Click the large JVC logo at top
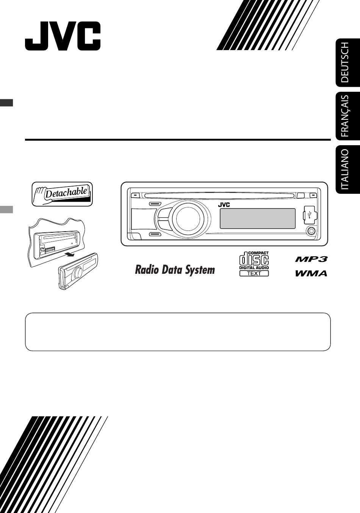click(x=63, y=36)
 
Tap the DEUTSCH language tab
click(x=348, y=63)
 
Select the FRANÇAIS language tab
click(x=348, y=116)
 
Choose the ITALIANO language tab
click(x=348, y=169)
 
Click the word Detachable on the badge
click(x=66, y=193)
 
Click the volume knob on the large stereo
click(x=188, y=218)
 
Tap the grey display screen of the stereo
click(x=257, y=218)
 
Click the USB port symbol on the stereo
click(x=310, y=215)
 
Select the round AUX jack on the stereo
click(x=311, y=231)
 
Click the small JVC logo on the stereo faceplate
click(x=224, y=205)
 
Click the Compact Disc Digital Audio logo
click(x=254, y=260)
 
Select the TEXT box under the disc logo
click(x=254, y=273)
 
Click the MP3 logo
click(x=311, y=259)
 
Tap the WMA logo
click(x=311, y=273)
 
